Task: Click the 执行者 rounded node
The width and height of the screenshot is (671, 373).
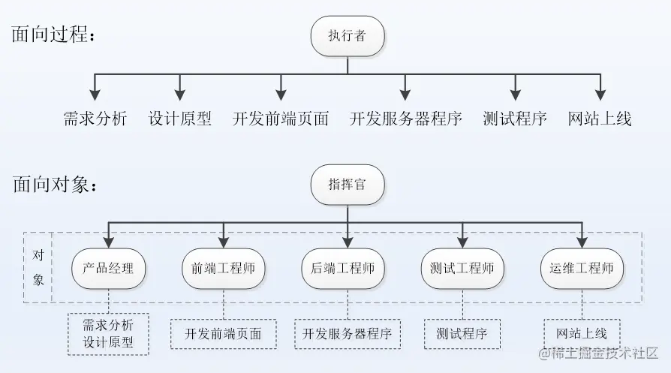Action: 348,36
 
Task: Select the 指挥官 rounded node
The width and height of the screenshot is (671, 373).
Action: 348,185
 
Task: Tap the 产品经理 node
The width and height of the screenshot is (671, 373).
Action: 108,268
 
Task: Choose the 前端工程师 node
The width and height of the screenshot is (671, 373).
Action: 224,268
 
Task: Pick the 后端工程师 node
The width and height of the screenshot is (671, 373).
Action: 348,268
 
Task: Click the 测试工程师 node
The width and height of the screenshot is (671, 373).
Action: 462,268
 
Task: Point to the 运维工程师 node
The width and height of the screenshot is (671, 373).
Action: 582,268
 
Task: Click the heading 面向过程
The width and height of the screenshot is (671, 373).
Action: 54,35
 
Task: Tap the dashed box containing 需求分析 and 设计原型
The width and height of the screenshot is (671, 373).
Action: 108,334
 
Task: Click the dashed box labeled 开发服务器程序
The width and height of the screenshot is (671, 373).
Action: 348,334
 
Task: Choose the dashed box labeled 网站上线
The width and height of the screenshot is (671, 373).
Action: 582,333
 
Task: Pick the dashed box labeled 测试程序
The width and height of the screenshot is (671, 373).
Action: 462,334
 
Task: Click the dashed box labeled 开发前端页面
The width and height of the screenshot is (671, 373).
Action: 224,334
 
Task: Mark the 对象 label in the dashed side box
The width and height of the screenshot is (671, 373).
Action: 38,268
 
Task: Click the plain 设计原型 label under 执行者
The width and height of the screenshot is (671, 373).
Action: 180,119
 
